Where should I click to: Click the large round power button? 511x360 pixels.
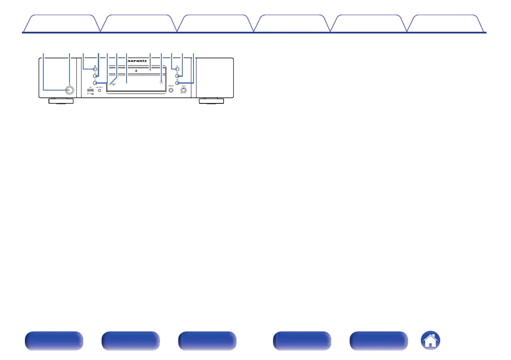coord(68,90)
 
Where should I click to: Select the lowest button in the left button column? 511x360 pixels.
coord(95,83)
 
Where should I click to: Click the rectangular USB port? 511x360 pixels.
coord(91,90)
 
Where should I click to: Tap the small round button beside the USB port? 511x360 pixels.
coord(100,91)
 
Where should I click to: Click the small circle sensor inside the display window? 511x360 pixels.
coord(161,82)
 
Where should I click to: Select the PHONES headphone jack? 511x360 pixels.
coord(171,91)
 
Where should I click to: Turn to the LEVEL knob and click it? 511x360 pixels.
coord(183,91)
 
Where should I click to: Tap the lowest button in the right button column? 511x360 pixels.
coord(177,83)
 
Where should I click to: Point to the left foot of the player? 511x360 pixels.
coord(60,101)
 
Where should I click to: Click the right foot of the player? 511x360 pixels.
coord(211,101)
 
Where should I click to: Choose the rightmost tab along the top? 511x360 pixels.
coord(446,24)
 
